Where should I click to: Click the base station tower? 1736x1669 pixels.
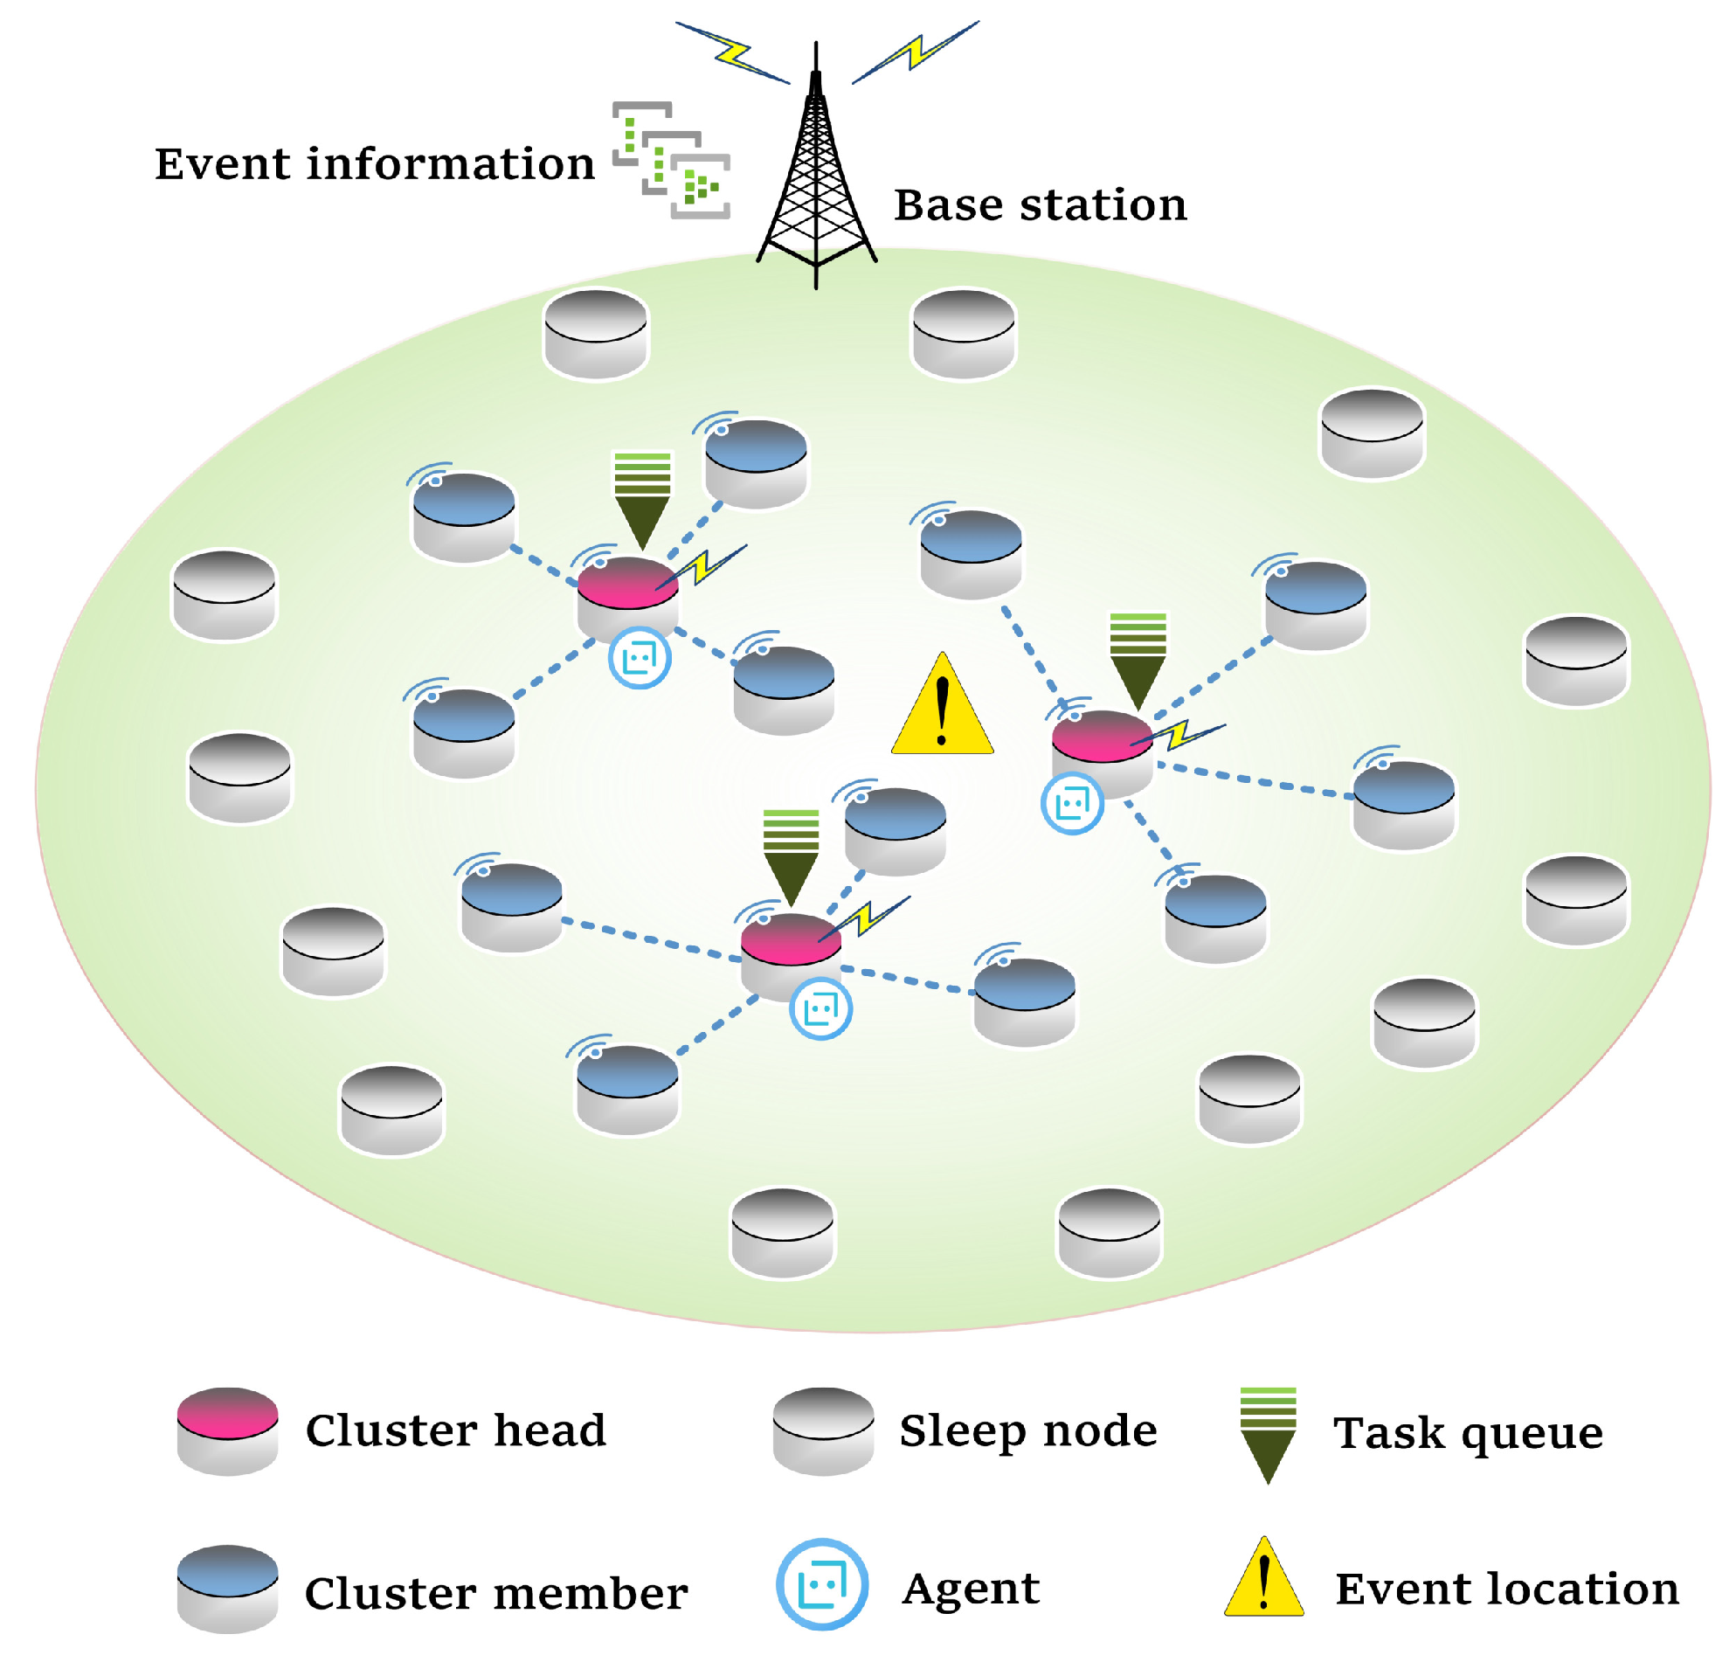click(x=816, y=177)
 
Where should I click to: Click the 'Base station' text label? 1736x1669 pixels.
click(x=1040, y=204)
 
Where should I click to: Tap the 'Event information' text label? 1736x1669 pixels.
click(x=375, y=164)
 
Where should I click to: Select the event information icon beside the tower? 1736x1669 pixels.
click(x=671, y=160)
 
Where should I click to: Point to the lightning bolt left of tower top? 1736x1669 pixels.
click(x=732, y=53)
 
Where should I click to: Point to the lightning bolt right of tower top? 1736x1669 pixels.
click(x=916, y=52)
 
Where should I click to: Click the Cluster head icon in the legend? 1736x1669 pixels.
click(x=228, y=1431)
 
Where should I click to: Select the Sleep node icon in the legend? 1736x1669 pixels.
click(x=823, y=1431)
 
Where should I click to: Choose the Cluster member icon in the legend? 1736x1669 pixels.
click(x=228, y=1590)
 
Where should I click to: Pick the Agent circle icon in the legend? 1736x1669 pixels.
click(x=821, y=1585)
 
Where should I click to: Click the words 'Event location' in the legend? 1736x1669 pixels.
click(x=1506, y=1589)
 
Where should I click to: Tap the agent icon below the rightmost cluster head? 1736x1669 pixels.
click(x=1072, y=804)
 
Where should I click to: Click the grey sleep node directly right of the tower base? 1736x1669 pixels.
click(x=964, y=334)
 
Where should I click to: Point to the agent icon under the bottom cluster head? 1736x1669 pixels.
click(x=820, y=1008)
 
